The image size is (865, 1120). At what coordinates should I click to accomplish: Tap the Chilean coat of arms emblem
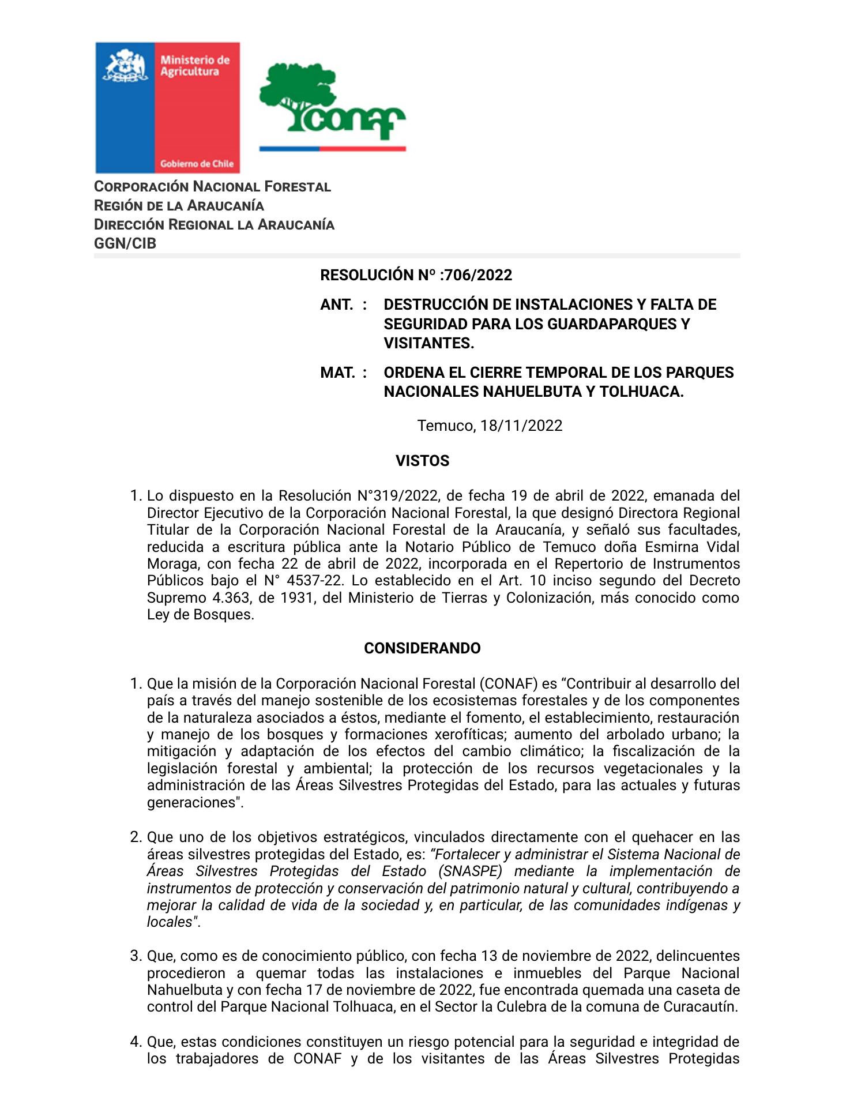point(124,66)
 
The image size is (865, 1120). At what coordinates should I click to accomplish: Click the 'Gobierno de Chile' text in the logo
point(197,164)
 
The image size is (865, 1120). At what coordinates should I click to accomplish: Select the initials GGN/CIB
point(125,243)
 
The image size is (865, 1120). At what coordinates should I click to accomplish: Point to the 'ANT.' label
point(337,305)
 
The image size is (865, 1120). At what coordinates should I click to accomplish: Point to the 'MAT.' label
point(337,373)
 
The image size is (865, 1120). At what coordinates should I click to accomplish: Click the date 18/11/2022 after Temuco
point(521,426)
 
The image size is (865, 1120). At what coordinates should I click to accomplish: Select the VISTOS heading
point(422,461)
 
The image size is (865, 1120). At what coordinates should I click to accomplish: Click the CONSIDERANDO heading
point(422,648)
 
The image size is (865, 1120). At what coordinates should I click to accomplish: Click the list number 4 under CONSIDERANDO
point(136,1042)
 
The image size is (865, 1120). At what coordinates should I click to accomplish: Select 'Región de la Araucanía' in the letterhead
point(179,206)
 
